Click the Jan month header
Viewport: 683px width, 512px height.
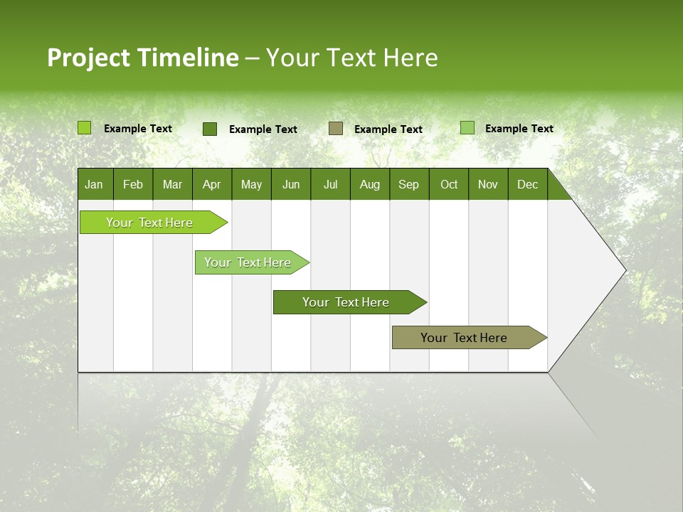95,184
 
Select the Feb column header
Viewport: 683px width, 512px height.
133,184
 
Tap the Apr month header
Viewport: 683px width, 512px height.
212,184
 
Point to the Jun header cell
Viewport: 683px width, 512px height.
291,184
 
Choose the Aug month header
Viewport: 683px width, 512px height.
370,184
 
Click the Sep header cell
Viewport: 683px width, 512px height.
409,184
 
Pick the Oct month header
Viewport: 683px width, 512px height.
449,184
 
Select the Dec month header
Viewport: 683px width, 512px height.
528,184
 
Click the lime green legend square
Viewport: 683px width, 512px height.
85,128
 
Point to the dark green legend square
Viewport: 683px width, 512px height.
210,129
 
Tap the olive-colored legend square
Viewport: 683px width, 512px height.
336,128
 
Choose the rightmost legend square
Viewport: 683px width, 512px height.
467,128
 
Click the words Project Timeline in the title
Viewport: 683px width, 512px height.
143,58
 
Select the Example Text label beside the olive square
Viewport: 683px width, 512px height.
388,129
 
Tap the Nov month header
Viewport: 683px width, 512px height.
488,184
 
